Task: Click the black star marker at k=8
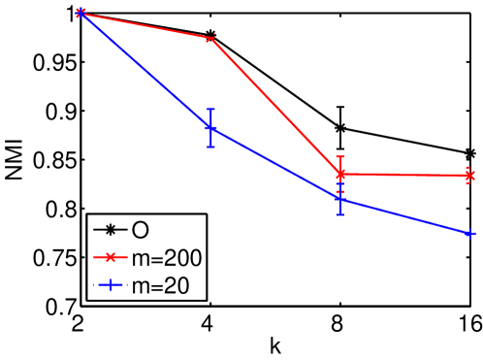pyautogui.click(x=340, y=128)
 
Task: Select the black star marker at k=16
pyautogui.click(x=470, y=153)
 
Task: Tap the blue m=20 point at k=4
pyautogui.click(x=210, y=128)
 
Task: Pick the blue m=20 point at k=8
pyautogui.click(x=340, y=200)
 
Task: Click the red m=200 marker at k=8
pyautogui.click(x=340, y=175)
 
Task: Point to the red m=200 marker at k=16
pyautogui.click(x=470, y=176)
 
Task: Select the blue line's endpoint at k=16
pyautogui.click(x=470, y=234)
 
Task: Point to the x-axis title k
pyautogui.click(x=275, y=346)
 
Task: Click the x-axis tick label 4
pyautogui.click(x=210, y=326)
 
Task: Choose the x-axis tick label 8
pyautogui.click(x=340, y=326)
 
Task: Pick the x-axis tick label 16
pyautogui.click(x=469, y=326)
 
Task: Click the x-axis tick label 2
pyautogui.click(x=81, y=326)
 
